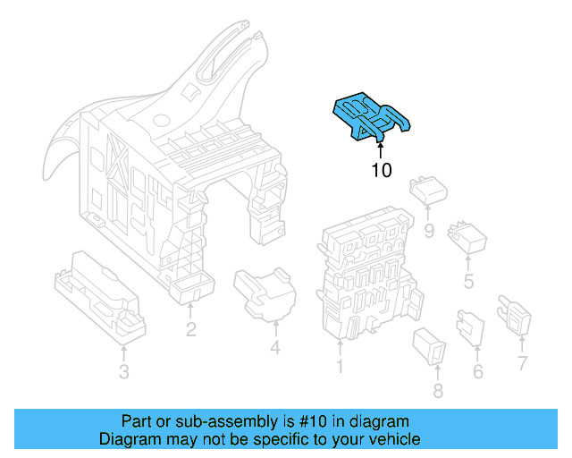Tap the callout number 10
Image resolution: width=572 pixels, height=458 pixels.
pos(381,170)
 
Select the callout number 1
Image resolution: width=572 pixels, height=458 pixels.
pos(340,366)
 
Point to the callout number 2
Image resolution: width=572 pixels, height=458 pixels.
pos(191,330)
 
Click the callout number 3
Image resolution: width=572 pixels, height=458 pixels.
pos(123,371)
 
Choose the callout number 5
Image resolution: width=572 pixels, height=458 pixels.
pos(468,283)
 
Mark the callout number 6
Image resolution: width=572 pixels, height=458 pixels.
pos(477,370)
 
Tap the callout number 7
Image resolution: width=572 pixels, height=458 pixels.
pos(522,363)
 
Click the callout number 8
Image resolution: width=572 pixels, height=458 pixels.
pos(437,390)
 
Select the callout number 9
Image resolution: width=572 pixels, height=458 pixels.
pos(428,233)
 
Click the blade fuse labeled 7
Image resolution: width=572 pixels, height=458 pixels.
pos(517,316)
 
